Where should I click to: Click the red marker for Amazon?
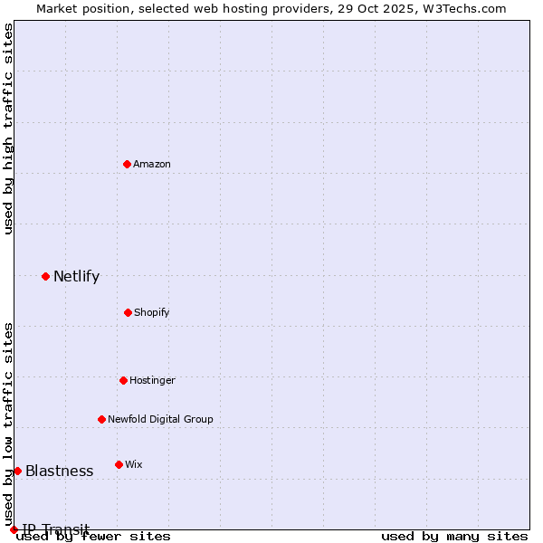coord(127,164)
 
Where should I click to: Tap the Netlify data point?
coord(45,276)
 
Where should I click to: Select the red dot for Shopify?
coord(128,312)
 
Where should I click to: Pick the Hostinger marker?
coord(123,380)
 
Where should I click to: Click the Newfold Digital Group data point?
coord(101,419)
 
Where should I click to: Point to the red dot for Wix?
coord(119,464)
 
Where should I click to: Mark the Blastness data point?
coord(17,471)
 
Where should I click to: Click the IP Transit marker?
coord(14,529)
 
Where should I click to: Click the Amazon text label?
coord(152,164)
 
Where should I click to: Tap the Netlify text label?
coord(76,276)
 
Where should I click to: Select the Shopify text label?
coord(152,312)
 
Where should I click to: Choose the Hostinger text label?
coord(152,380)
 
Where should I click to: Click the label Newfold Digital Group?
coord(160,419)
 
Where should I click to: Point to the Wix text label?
coord(134,464)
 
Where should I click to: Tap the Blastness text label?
coord(59,471)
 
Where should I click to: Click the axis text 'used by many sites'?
coord(454,536)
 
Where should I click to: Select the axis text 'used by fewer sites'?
coord(94,536)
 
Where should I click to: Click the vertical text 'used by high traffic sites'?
coord(8,129)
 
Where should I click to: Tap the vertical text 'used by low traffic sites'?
coord(8,424)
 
